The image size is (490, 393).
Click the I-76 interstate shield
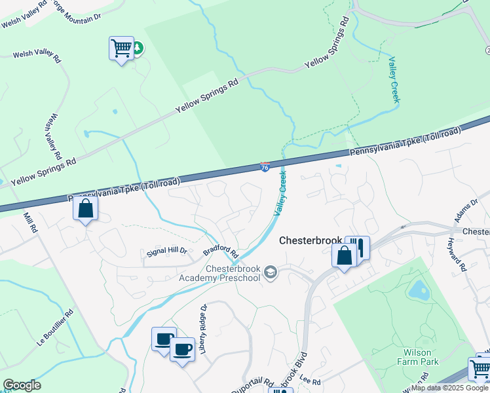click(265, 168)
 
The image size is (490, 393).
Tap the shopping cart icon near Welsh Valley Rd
click(121, 48)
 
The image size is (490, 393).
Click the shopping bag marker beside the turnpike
click(85, 209)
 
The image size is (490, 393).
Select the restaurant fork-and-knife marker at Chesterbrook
click(358, 247)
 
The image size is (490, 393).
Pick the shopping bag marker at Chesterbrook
click(344, 255)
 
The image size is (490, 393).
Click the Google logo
click(22, 385)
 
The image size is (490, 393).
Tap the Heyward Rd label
click(459, 257)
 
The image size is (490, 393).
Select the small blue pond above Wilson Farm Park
click(417, 289)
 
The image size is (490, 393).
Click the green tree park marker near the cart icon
click(138, 48)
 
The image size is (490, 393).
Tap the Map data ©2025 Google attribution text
click(449, 388)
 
